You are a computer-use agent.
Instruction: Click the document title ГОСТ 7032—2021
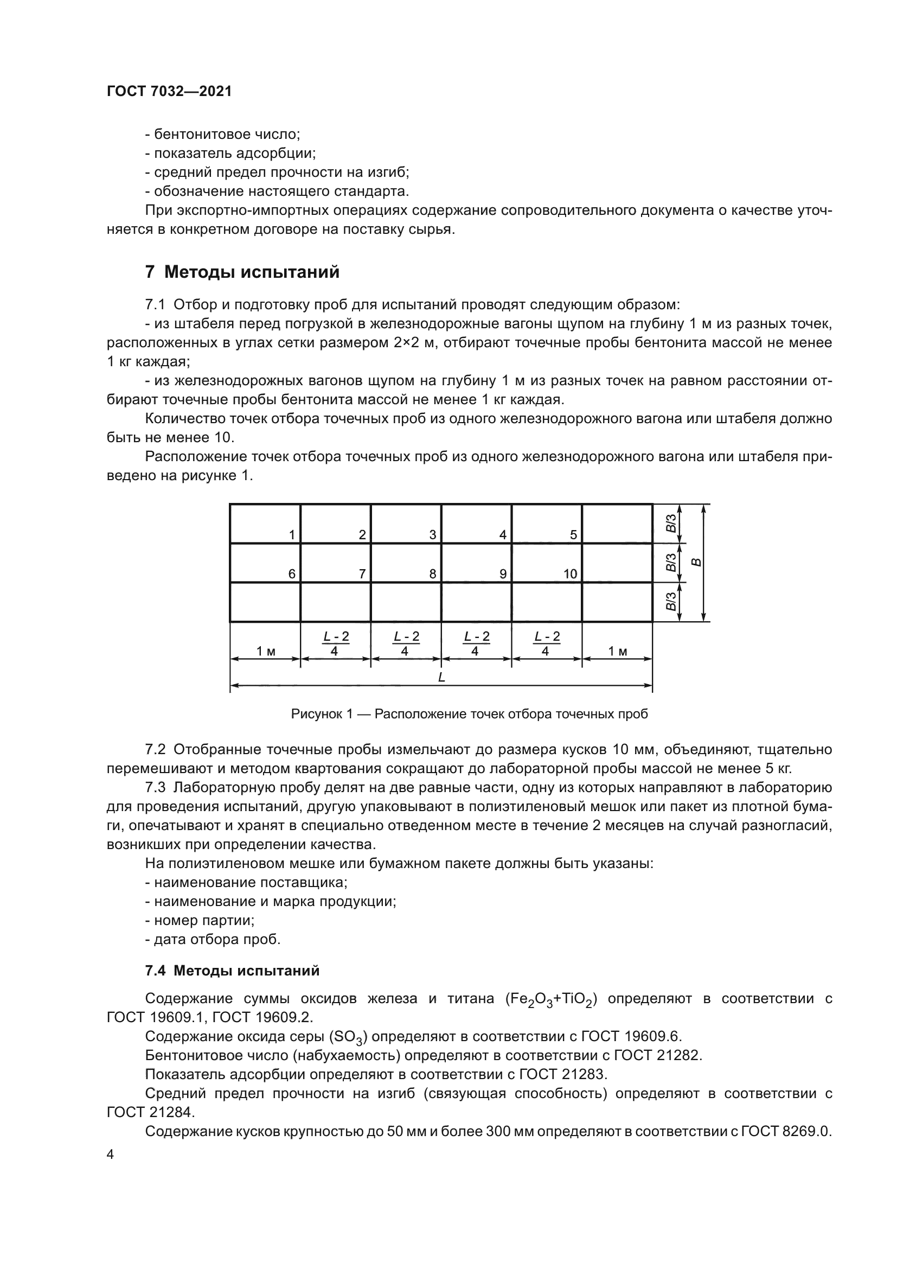pyautogui.click(x=169, y=92)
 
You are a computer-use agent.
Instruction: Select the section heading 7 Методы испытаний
pyautogui.click(x=242, y=272)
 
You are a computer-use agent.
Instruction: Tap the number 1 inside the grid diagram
pyautogui.click(x=292, y=535)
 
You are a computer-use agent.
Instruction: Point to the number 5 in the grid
pyautogui.click(x=573, y=535)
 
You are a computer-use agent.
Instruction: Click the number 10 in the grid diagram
pyautogui.click(x=570, y=574)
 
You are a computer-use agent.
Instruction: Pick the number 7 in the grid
pyautogui.click(x=362, y=574)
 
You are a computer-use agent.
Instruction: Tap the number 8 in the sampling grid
pyautogui.click(x=432, y=574)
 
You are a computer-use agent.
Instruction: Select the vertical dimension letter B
pyautogui.click(x=697, y=563)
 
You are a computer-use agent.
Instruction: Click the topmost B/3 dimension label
pyautogui.click(x=670, y=523)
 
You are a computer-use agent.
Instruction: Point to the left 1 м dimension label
pyautogui.click(x=266, y=652)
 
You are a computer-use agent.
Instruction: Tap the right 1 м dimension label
pyautogui.click(x=618, y=652)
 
